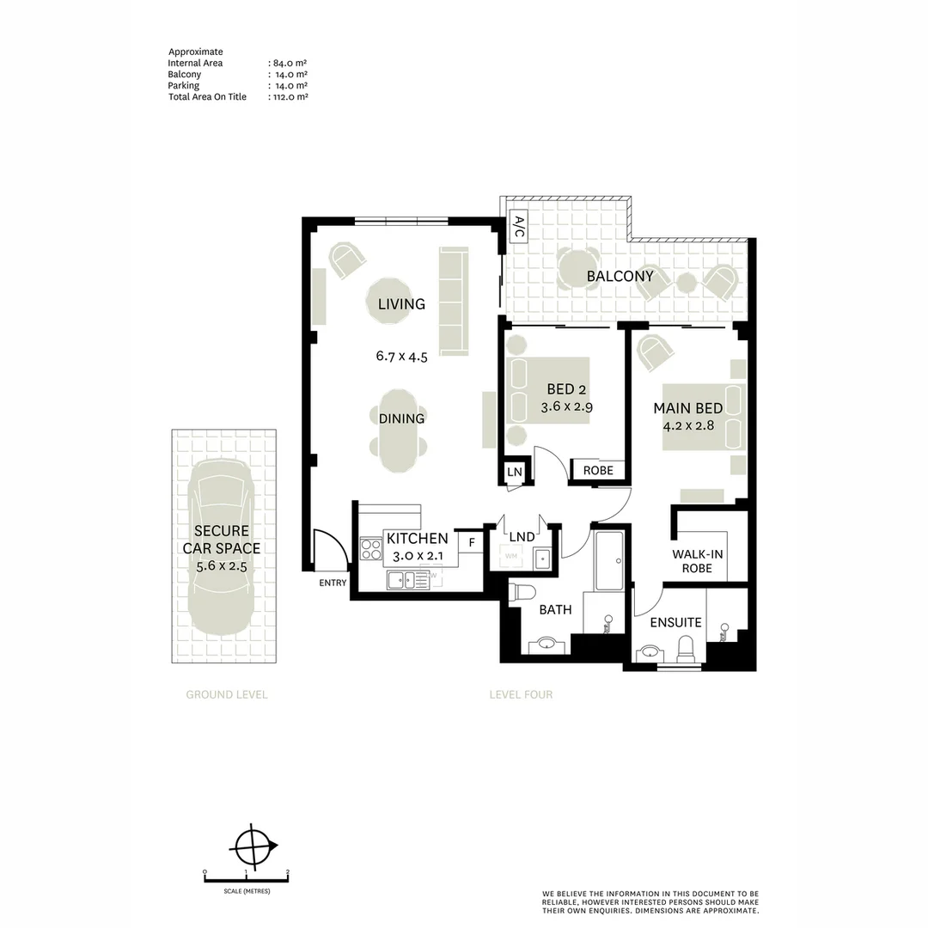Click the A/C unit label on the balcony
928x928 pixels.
coord(518,227)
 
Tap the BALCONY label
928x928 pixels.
coord(620,277)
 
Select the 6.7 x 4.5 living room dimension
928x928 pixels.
coord(402,357)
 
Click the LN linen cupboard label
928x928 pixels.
coord(515,472)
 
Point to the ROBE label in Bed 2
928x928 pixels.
coord(598,471)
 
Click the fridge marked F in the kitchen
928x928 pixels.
coord(472,542)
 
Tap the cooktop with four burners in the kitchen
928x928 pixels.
coord(371,548)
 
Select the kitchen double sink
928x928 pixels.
coord(408,580)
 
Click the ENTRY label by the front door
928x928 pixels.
coord(333,583)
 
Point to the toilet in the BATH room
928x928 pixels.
coord(523,592)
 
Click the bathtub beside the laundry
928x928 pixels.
coord(609,561)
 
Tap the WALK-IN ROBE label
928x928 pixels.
coord(697,561)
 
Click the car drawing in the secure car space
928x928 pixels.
coord(222,546)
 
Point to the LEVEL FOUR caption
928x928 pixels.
coord(521,695)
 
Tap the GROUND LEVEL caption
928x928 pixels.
coord(227,695)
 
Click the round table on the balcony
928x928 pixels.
coord(578,270)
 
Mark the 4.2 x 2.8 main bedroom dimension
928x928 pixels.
coord(688,425)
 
